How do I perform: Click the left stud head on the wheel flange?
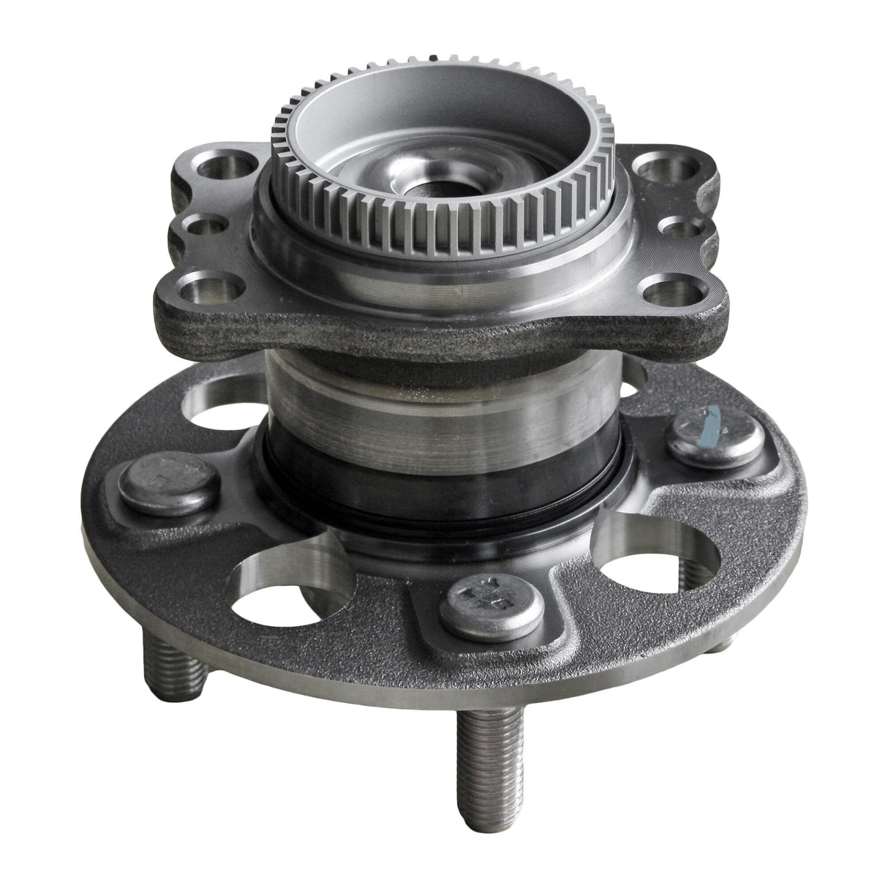tap(157, 481)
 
